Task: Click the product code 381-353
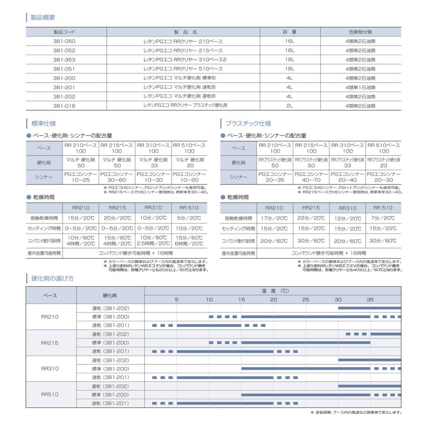[x=64, y=60]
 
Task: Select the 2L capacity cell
[x=289, y=106]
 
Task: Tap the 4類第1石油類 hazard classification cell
[x=360, y=88]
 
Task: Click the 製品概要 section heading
[x=43, y=18]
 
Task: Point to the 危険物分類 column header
[x=360, y=32]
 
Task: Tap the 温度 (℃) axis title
[x=274, y=291]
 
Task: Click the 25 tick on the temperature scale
[x=305, y=300]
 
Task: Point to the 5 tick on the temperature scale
[x=176, y=300]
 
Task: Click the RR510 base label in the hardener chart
[x=50, y=394]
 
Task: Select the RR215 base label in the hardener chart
[x=50, y=342]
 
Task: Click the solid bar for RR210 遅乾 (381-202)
[x=369, y=308]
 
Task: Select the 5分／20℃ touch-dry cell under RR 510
[x=189, y=218]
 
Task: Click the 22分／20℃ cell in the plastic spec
[x=311, y=218]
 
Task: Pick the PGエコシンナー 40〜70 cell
[x=311, y=178]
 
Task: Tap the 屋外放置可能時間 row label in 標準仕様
[x=45, y=253]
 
